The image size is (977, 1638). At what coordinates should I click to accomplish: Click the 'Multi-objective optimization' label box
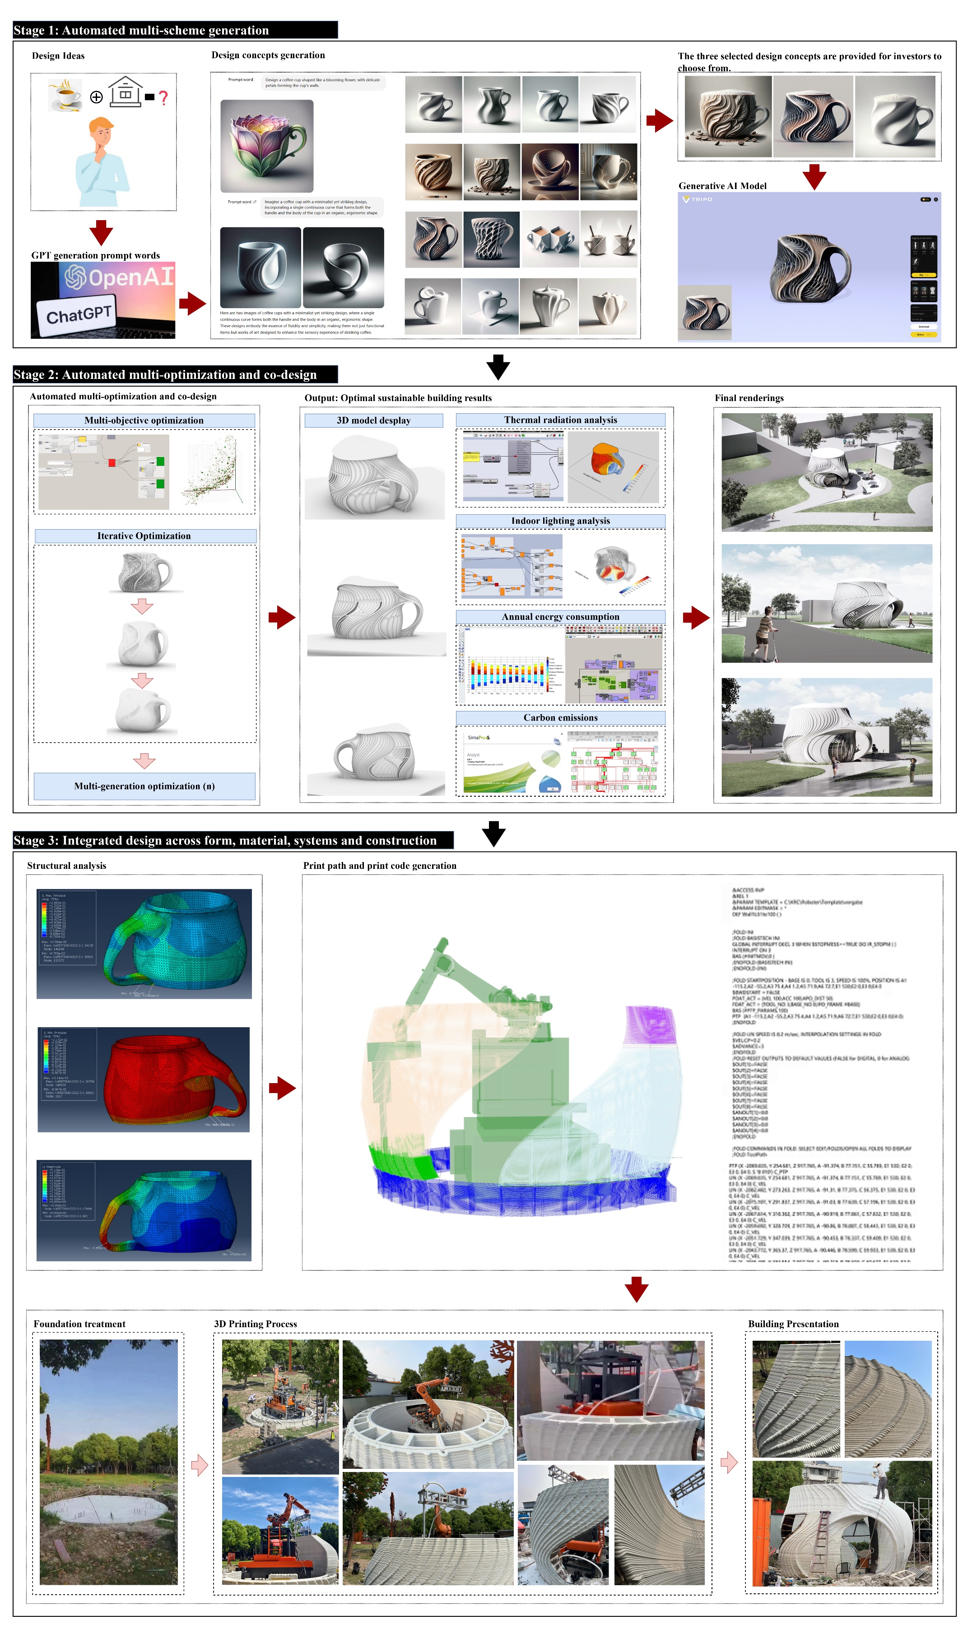144,420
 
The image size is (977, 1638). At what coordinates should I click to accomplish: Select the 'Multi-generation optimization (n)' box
144,786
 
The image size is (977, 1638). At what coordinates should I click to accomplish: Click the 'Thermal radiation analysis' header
560,420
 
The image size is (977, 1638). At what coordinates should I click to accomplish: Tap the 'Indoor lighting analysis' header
560,521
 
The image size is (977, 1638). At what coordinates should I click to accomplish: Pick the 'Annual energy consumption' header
560,617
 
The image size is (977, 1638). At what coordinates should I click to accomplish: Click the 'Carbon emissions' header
560,718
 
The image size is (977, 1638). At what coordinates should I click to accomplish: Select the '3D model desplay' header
373,420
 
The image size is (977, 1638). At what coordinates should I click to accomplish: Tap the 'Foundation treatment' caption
79,1324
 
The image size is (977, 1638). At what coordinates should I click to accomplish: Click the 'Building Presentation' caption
793,1324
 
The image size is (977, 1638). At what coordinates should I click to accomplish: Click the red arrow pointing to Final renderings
696,617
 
